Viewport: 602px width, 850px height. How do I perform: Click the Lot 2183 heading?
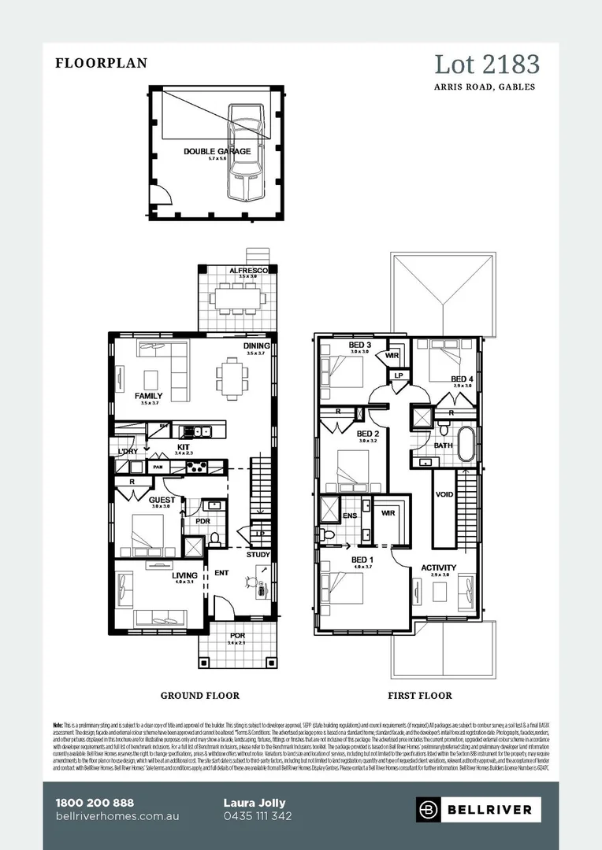[486, 64]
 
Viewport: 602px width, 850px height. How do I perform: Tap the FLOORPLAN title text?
[101, 64]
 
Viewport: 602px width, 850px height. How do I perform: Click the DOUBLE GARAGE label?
[217, 151]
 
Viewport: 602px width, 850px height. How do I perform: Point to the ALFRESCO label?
[249, 271]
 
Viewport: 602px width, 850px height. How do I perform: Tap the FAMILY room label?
[148, 396]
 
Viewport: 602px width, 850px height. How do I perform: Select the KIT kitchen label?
[183, 448]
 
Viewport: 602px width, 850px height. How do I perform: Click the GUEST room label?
[162, 500]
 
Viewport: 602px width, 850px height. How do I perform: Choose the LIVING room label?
[184, 575]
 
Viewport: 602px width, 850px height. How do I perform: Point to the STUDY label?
[258, 555]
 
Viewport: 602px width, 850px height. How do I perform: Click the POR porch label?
[237, 636]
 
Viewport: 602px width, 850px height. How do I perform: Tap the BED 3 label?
[359, 346]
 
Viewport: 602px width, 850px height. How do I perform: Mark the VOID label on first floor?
[445, 495]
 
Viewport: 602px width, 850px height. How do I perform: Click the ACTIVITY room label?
[438, 567]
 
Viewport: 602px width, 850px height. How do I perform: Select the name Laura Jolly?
[255, 802]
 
